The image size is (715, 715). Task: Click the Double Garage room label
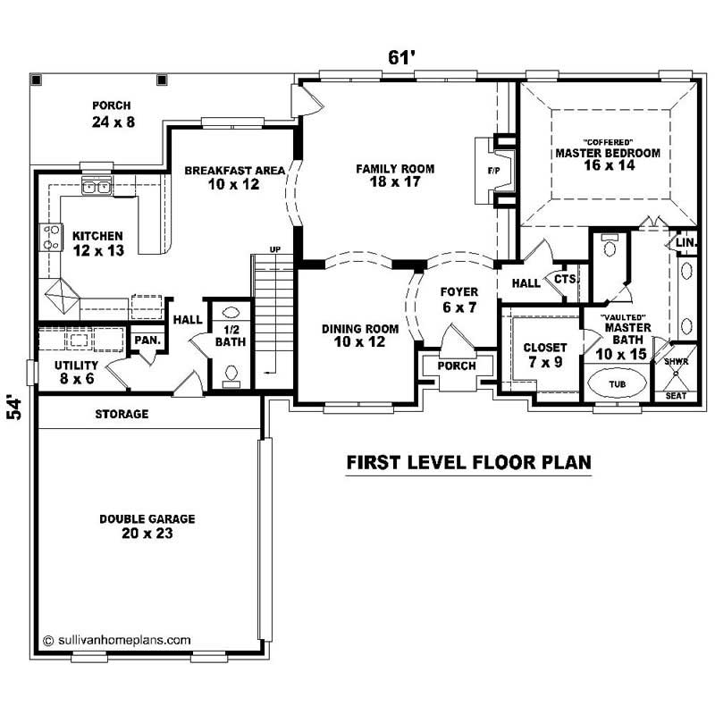tap(147, 526)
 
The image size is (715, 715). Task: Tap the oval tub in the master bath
tap(617, 383)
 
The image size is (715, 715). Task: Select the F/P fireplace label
tap(492, 169)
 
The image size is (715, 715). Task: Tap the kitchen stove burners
tap(48, 237)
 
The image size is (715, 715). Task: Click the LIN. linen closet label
tap(686, 242)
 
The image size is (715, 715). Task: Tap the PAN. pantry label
tap(145, 341)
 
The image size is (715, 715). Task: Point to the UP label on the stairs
tap(275, 249)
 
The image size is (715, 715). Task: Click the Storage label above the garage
tap(122, 414)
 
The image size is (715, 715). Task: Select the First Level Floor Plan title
tap(468, 462)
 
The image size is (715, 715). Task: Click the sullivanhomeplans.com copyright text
tap(117, 640)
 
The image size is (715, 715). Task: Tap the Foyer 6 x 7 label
tap(458, 299)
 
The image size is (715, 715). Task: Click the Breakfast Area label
tap(235, 177)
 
